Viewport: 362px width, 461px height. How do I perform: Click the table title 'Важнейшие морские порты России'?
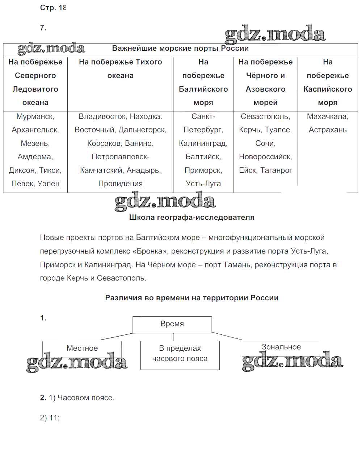point(180,49)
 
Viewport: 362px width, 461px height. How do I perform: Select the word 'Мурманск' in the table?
point(35,116)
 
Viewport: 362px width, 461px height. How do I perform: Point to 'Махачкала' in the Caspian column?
point(327,116)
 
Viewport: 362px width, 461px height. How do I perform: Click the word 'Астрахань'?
point(328,130)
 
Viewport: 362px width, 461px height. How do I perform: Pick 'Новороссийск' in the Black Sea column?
point(265,157)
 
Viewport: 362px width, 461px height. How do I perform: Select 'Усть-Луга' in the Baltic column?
point(203,184)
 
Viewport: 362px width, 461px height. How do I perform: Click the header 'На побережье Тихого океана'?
point(120,69)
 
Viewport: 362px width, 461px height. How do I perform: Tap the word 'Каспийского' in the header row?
point(328,89)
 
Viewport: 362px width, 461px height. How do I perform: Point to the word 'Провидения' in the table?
point(120,184)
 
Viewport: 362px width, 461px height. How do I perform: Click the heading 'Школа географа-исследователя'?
point(191,218)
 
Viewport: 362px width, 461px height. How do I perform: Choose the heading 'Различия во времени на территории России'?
point(191,298)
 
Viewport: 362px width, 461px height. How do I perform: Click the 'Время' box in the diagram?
point(172,324)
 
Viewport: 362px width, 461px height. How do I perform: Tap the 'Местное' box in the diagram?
point(82,348)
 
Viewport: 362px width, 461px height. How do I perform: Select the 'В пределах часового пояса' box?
point(180,354)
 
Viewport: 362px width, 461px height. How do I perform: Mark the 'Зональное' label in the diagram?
point(281,347)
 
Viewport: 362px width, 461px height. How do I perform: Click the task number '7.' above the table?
point(43,28)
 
